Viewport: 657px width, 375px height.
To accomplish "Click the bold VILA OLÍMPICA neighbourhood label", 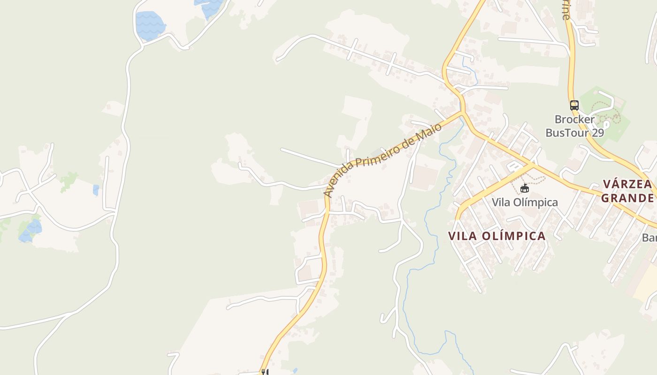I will point(497,236).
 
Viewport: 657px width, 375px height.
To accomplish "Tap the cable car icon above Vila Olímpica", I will point(525,188).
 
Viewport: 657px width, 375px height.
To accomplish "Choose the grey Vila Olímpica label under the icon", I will point(525,202).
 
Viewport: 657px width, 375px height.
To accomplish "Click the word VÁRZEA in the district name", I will point(627,184).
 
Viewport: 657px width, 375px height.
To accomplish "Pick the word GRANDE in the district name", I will point(627,198).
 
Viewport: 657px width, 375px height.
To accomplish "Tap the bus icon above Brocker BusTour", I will point(574,105).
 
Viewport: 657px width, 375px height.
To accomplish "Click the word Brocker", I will point(574,120).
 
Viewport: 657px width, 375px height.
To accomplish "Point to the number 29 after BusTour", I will point(597,133).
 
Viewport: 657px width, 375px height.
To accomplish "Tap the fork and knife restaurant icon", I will point(265,372).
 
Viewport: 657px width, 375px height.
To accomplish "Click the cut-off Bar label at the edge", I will point(650,238).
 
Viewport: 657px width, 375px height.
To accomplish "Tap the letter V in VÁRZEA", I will point(607,184).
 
